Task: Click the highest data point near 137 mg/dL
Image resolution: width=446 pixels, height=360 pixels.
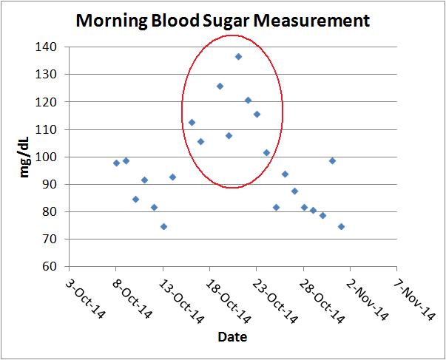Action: click(238, 56)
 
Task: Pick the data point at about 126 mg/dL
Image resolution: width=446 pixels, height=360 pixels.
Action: click(220, 86)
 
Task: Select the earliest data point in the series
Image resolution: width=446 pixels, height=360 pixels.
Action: click(116, 163)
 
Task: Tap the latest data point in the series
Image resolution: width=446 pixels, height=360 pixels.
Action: click(341, 226)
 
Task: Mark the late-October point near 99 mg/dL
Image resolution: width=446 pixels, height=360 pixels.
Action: click(332, 160)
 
